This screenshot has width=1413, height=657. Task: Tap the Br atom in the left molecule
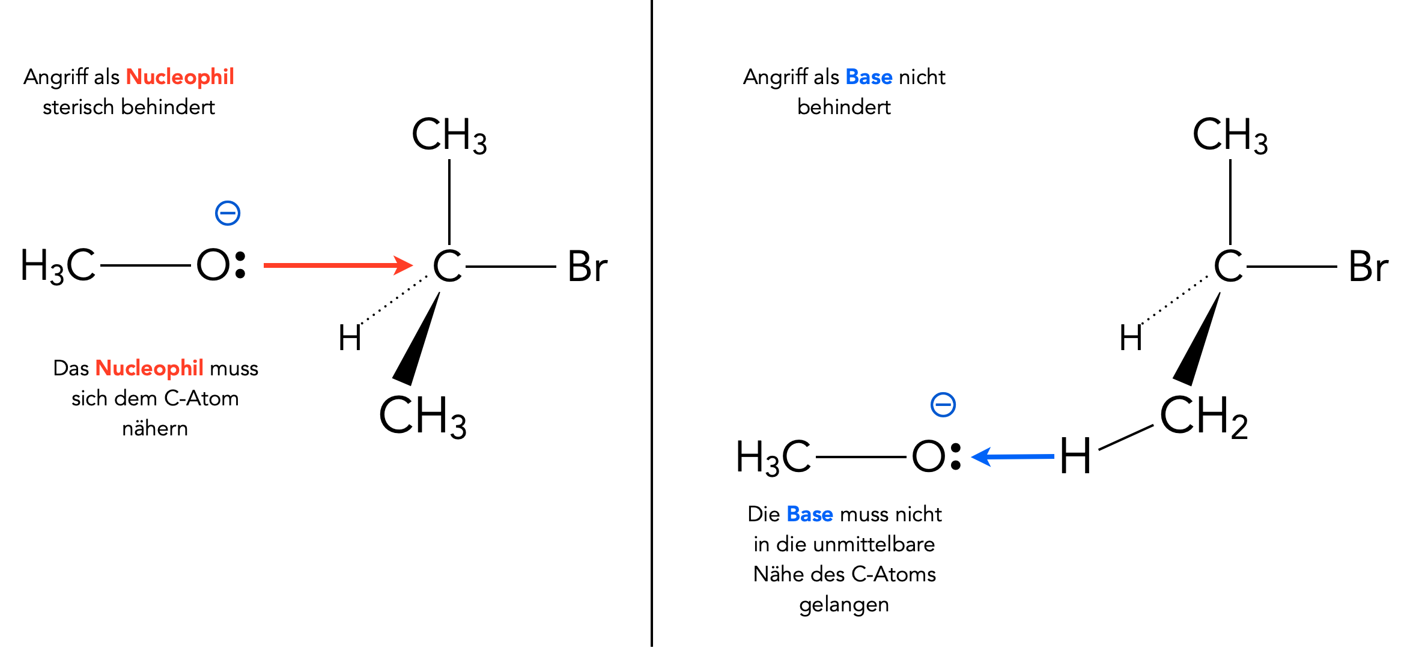[587, 267]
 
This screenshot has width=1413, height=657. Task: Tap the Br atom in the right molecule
[1368, 267]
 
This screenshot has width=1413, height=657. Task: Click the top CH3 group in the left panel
[449, 135]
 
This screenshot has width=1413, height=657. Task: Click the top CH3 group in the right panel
[1230, 135]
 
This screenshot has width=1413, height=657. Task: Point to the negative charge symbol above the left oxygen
[228, 213]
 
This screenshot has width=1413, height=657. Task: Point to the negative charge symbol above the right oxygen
[943, 405]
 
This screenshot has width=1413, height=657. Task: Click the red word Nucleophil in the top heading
[180, 77]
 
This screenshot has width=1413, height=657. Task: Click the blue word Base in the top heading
[869, 77]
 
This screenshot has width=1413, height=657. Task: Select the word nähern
[155, 428]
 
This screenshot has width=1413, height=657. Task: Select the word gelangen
[843, 605]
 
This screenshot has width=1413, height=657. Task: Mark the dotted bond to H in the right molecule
[1174, 300]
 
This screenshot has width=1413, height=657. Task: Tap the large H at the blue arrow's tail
[1075, 456]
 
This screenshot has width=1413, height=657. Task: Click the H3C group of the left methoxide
[58, 266]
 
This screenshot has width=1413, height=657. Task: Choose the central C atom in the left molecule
[448, 266]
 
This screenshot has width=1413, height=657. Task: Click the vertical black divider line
[651, 324]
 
